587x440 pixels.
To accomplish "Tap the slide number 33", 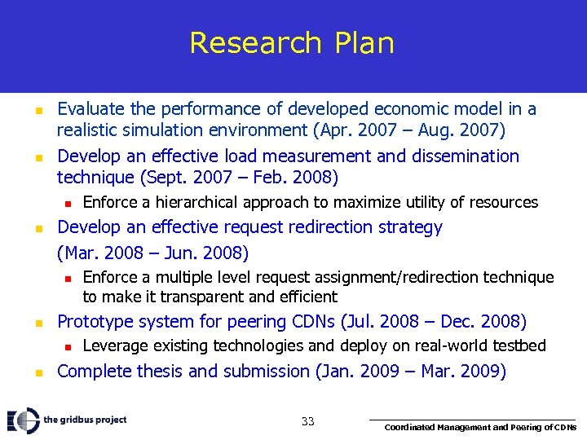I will tap(307, 421).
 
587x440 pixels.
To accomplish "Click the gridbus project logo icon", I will tap(23, 420).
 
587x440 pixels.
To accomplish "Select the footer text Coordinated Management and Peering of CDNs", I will tap(480, 427).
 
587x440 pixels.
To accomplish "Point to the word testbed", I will tap(518, 346).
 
